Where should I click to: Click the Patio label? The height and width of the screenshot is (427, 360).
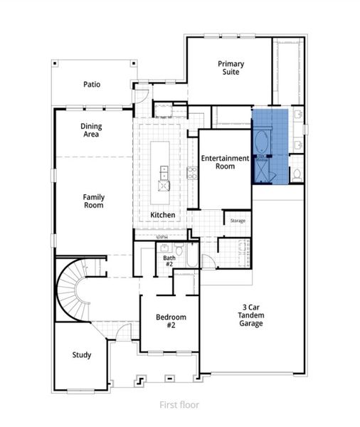[91, 84]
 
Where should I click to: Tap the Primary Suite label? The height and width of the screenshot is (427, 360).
[231, 68]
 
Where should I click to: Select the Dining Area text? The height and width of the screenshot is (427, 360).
[91, 130]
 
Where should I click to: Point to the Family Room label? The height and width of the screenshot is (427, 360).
[93, 201]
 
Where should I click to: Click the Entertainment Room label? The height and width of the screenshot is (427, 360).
[225, 162]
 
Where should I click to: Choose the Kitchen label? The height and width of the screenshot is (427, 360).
[162, 214]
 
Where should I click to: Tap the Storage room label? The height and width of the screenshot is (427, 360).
[238, 221]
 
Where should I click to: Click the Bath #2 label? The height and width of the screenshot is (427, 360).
[169, 260]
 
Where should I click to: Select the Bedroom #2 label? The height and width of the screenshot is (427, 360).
[171, 320]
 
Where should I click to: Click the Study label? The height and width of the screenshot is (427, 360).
[82, 354]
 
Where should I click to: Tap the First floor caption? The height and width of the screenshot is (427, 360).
[179, 405]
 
